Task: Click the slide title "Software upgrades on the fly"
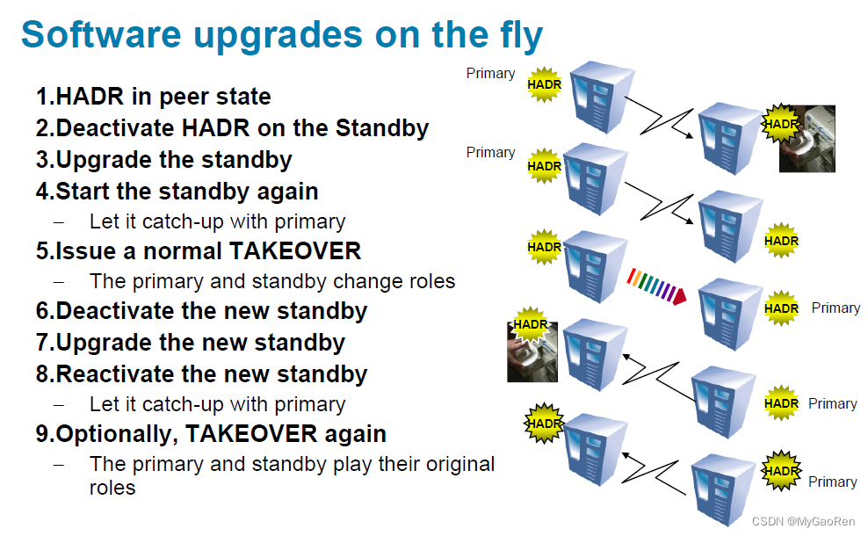coord(282,35)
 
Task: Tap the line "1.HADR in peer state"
coord(153,97)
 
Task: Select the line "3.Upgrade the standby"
coord(163,160)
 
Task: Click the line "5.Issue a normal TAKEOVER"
coord(199,251)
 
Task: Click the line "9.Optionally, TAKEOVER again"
coord(211,434)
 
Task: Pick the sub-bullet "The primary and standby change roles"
coord(272,282)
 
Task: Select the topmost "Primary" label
coord(490,74)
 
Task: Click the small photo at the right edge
coord(807,139)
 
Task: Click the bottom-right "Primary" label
coord(832,482)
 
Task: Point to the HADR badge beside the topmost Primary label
coord(544,84)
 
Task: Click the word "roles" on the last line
coord(112,488)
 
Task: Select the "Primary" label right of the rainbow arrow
coord(835,308)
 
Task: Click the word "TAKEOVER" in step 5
coord(295,251)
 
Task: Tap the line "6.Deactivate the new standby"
coord(201,311)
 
